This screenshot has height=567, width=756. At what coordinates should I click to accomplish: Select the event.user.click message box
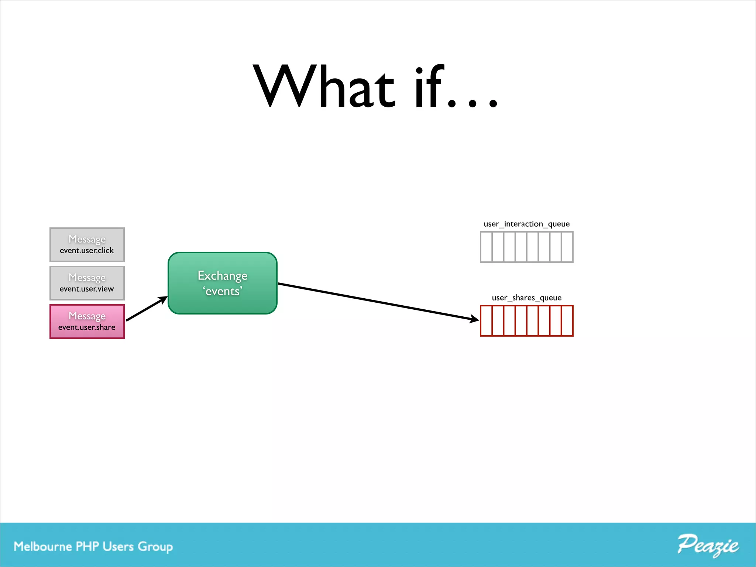[x=87, y=245]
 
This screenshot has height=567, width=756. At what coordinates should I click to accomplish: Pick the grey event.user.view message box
[x=87, y=283]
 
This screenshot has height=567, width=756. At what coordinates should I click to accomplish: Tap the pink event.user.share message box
[x=87, y=322]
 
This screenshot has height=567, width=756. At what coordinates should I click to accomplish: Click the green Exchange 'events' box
[x=223, y=283]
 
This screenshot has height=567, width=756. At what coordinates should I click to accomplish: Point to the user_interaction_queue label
[x=526, y=224]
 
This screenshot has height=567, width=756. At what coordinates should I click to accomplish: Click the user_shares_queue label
[x=526, y=298]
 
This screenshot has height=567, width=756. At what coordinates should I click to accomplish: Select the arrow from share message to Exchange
[x=146, y=309]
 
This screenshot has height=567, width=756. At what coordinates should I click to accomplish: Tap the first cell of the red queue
[x=487, y=321]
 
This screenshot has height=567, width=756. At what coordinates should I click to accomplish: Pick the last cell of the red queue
[x=567, y=321]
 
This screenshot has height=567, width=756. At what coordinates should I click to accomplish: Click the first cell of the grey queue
[x=487, y=247]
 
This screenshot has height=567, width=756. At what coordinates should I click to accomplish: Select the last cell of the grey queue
[x=567, y=247]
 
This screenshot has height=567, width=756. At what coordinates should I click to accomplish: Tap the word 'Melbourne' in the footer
[x=43, y=546]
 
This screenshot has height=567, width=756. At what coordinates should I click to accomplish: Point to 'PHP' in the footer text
[x=87, y=546]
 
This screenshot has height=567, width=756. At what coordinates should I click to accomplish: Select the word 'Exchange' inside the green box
[x=223, y=276]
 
